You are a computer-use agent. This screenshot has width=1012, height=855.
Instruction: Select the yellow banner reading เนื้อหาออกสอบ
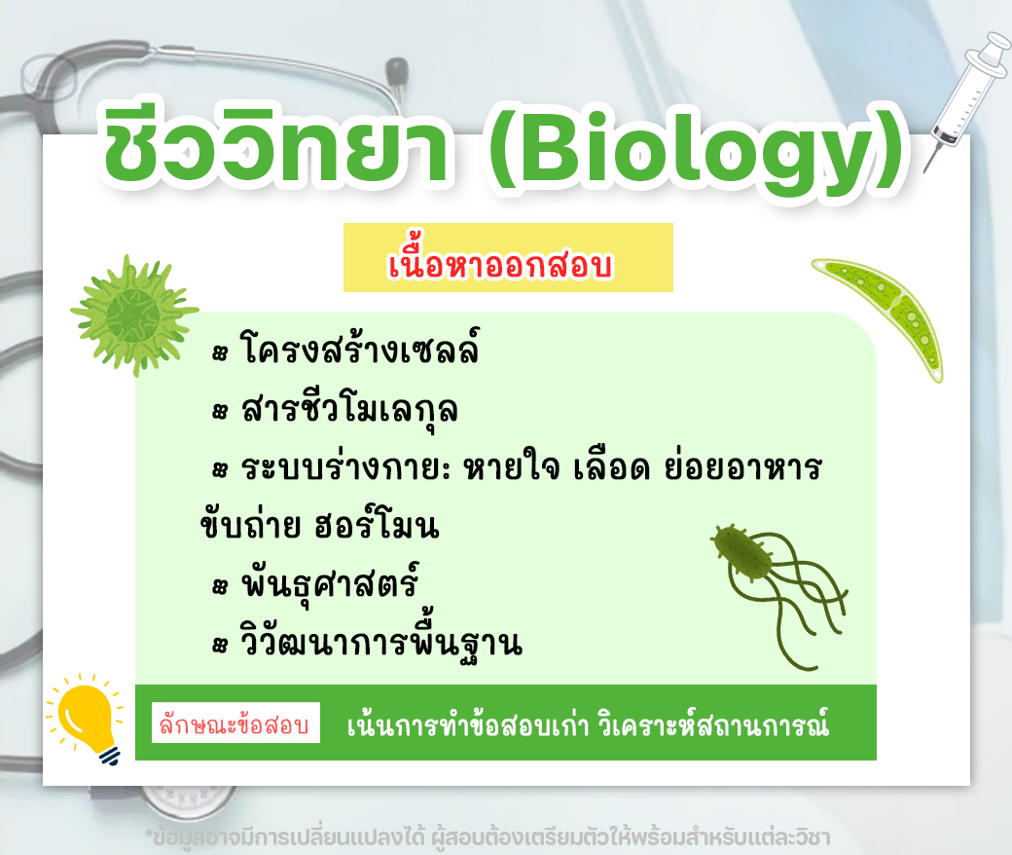(508, 258)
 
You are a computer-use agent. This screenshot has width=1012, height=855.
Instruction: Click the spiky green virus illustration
(134, 315)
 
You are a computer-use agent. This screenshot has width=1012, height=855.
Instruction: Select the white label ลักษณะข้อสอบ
(235, 724)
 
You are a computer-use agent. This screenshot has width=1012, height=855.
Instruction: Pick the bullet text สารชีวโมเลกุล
(349, 409)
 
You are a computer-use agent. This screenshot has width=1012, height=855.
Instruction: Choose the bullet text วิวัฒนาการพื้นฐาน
(380, 640)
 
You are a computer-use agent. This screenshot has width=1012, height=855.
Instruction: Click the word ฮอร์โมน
(377, 526)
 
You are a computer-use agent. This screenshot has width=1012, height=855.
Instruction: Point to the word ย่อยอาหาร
(743, 466)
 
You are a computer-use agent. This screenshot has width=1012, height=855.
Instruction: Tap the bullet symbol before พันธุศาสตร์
(220, 586)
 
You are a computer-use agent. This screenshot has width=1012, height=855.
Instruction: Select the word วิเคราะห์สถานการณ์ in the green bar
(712, 725)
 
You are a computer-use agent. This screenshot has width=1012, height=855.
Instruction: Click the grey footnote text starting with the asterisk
(488, 837)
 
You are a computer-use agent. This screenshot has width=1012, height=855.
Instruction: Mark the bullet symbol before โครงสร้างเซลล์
(220, 353)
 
